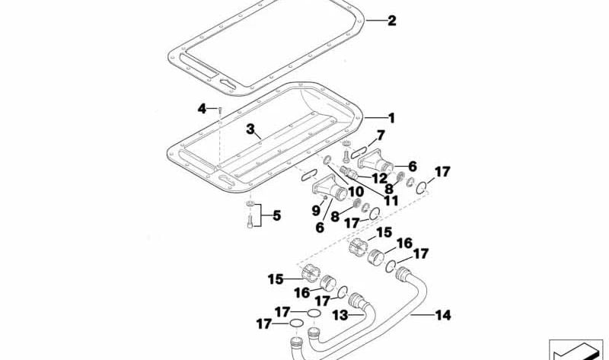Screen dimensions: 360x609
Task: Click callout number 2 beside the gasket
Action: pos(391,21)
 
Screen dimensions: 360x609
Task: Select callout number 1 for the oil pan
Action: pos(391,119)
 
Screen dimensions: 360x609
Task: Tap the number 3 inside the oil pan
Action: pos(250,129)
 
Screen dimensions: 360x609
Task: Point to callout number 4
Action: pos(202,109)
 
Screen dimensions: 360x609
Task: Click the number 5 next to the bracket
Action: pos(276,215)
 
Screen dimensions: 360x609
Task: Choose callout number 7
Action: pos(381,135)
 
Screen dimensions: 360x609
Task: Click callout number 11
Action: pos(392,201)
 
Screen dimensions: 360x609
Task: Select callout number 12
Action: pos(379,177)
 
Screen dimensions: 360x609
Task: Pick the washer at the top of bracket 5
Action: pos(250,205)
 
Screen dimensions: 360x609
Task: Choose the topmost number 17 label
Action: pos(442,171)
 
